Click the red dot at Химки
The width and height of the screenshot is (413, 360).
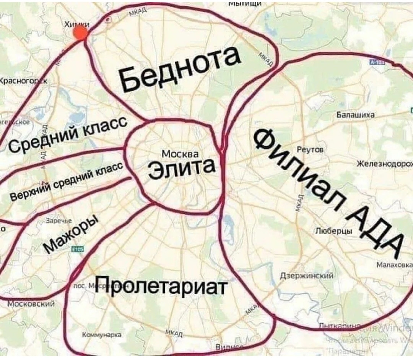(81, 34)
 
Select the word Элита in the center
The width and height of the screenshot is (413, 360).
(181, 169)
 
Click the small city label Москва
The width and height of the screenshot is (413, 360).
(180, 154)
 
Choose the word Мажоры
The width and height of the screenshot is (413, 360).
(71, 235)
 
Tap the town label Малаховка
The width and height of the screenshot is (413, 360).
(394, 264)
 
